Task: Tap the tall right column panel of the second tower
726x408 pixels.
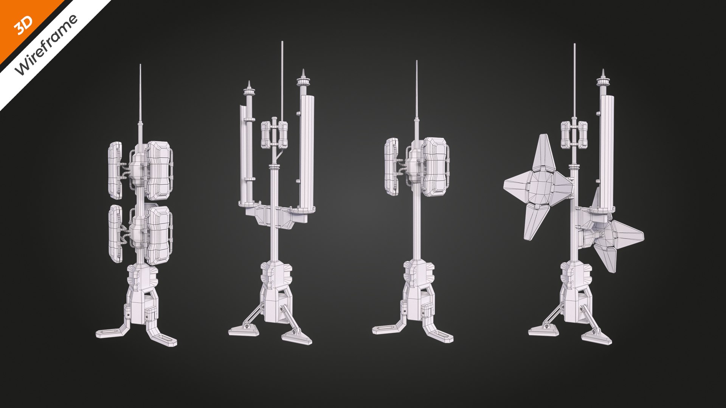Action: pyautogui.click(x=307, y=151)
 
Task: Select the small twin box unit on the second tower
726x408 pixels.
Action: pyautogui.click(x=275, y=134)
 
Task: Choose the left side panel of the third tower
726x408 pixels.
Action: pyautogui.click(x=392, y=166)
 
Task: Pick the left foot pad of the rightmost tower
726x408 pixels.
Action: pyautogui.click(x=543, y=330)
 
